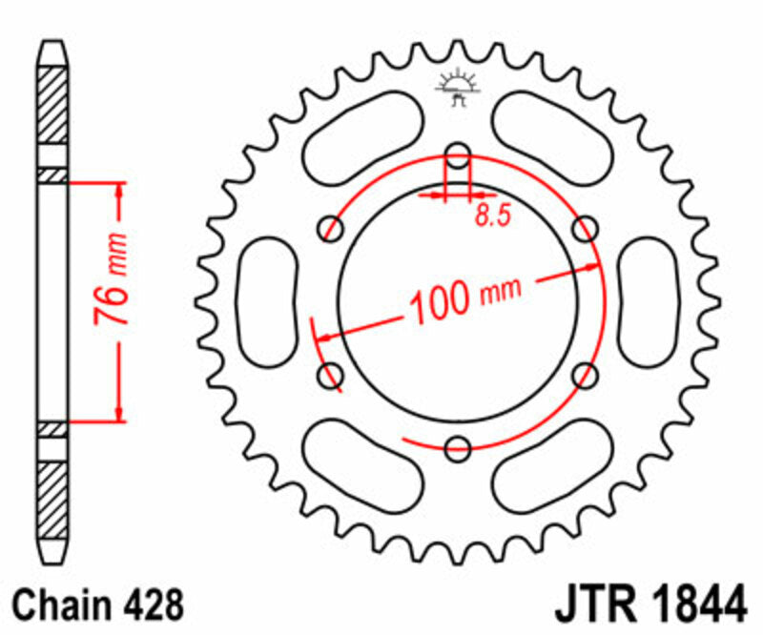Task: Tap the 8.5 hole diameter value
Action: tap(492, 215)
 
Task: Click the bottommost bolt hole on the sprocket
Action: tap(459, 446)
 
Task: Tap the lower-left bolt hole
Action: tap(332, 373)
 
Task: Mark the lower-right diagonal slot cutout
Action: tap(555, 466)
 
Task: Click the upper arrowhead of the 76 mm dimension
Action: tap(119, 189)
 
